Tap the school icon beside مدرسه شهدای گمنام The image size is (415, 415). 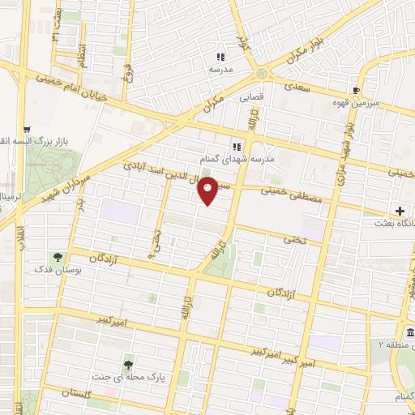(237, 147)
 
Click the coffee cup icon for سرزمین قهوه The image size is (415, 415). (356, 90)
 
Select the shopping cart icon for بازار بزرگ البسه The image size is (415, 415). (27, 128)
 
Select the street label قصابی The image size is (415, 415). (251, 96)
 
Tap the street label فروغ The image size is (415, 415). (127, 77)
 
